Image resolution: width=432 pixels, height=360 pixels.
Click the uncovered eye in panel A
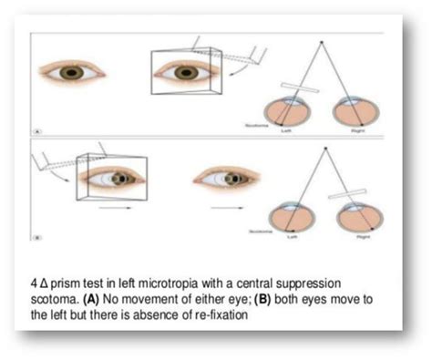coord(67,71)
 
